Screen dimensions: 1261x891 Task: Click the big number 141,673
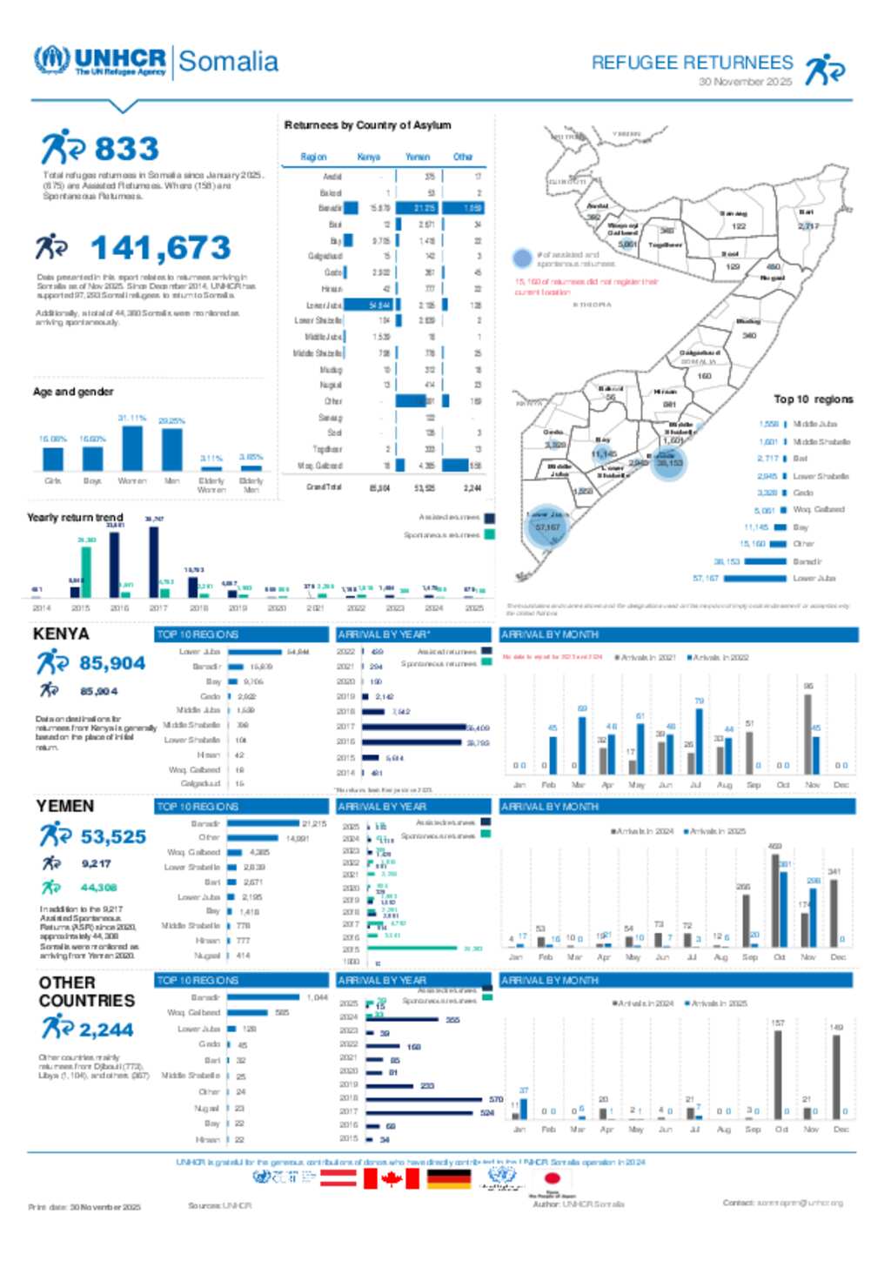160,248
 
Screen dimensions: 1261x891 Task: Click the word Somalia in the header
228,62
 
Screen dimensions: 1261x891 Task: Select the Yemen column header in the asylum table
418,157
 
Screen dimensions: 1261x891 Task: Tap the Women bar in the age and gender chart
132,447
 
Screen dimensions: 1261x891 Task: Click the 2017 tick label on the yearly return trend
158,607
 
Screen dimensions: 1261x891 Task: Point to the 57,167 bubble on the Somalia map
547,527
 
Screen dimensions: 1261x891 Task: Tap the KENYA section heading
61,634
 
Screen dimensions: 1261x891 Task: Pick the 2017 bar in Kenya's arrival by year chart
414,727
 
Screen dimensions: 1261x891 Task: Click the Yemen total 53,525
113,836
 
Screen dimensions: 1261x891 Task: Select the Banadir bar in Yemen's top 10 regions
264,823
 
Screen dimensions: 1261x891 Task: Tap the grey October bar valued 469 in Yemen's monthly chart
774,900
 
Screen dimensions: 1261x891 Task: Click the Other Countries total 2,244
106,1030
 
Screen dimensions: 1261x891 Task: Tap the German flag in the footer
449,1178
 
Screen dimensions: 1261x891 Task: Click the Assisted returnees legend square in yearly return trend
490,518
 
